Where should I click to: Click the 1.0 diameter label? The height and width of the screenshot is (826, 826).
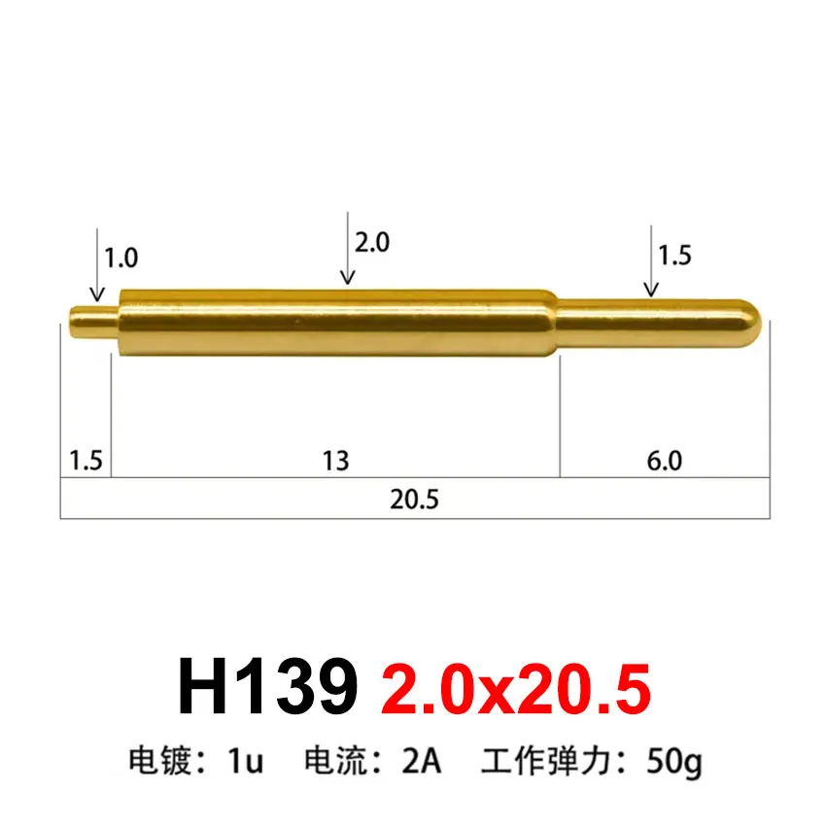[x=121, y=258]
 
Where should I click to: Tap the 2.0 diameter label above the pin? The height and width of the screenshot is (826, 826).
[x=371, y=242]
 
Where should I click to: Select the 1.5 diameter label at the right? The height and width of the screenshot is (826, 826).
[x=674, y=256]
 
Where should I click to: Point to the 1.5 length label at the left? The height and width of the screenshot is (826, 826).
[x=86, y=460]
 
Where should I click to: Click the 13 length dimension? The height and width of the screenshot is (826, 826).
[x=335, y=460]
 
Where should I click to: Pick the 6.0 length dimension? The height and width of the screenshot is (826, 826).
[x=664, y=460]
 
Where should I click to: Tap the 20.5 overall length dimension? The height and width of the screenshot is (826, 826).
[x=415, y=499]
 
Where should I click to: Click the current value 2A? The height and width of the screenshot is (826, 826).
[x=422, y=761]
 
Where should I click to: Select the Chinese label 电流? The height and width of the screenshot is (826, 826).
[x=332, y=761]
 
